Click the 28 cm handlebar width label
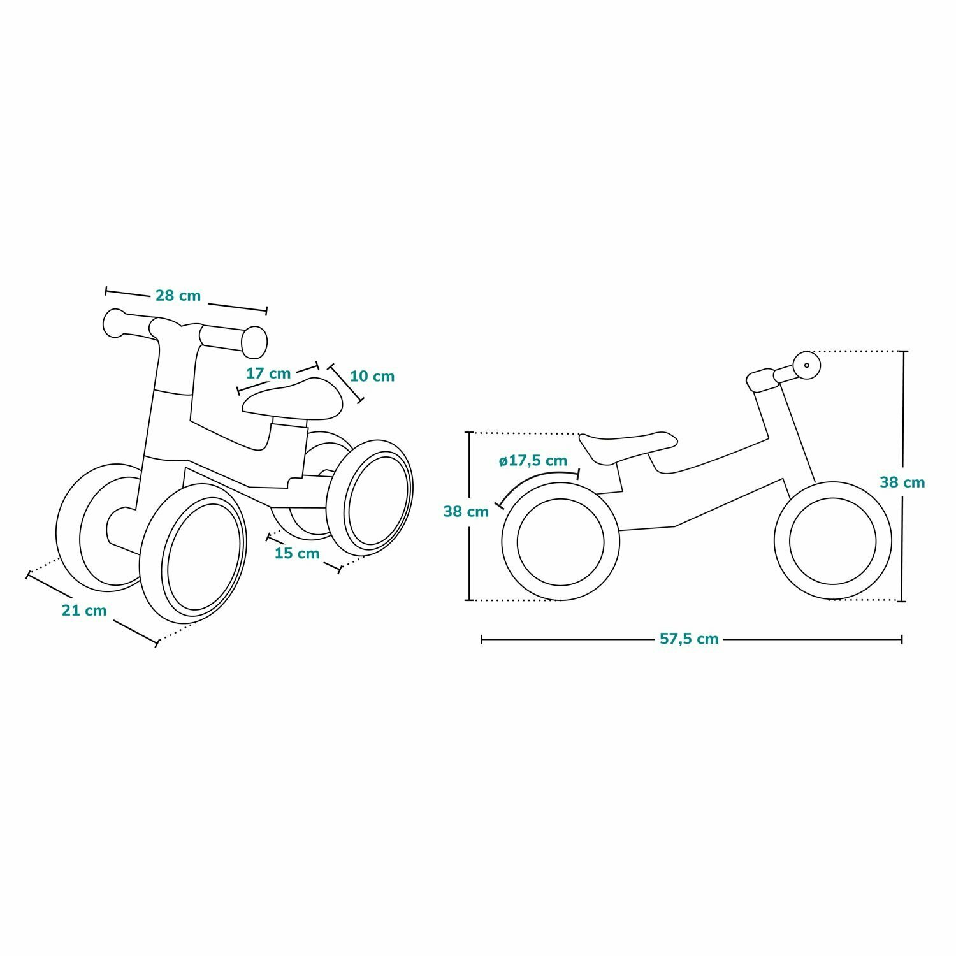(178, 296)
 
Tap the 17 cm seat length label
(268, 373)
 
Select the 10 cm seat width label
(372, 376)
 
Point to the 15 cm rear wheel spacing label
(297, 553)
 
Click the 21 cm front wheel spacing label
(84, 611)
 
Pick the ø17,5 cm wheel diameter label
(533, 460)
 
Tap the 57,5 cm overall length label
(689, 639)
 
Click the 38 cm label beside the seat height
(466, 511)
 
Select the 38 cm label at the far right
(902, 482)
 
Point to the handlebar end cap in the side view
(806, 365)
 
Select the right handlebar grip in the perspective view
(253, 342)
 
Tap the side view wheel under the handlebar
(832, 540)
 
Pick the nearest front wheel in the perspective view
(193, 553)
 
